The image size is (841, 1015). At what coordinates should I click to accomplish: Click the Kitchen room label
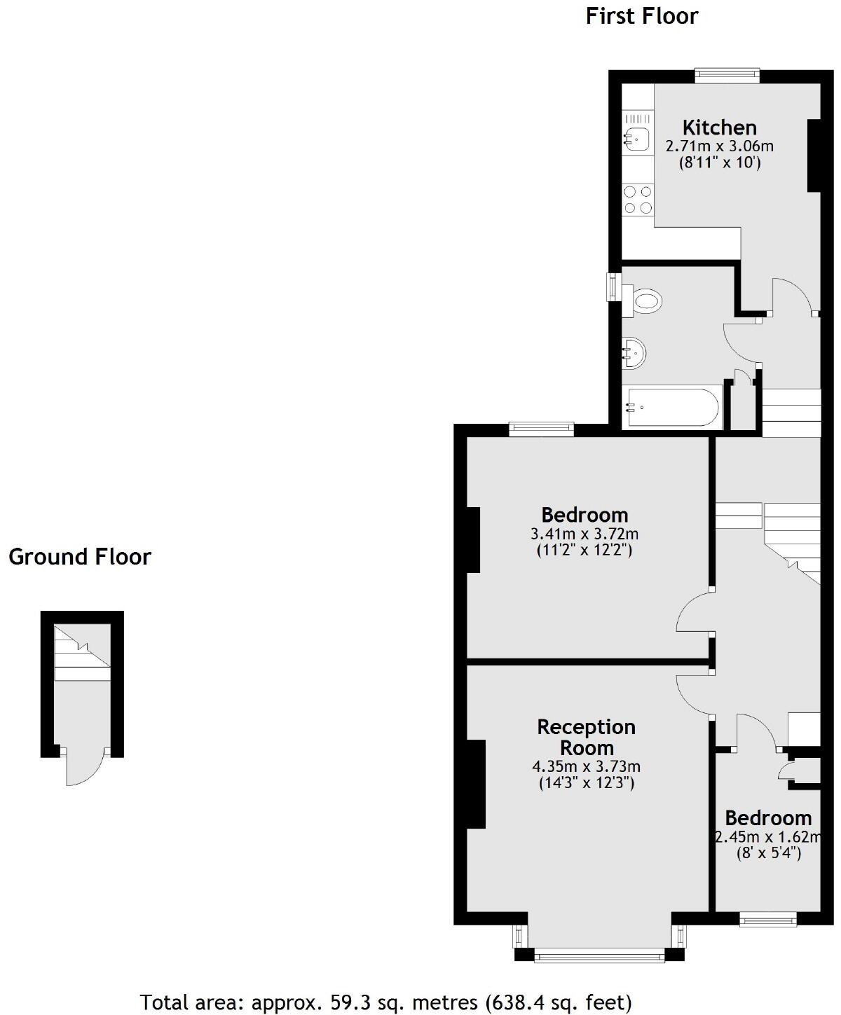point(719,127)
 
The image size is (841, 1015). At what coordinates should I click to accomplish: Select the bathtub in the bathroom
point(672,407)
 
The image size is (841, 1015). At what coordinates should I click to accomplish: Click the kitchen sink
point(637,138)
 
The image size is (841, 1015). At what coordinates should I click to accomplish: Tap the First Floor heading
point(641,16)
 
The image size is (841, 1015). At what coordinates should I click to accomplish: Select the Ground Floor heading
point(80,557)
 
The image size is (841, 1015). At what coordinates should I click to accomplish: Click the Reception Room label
point(586,737)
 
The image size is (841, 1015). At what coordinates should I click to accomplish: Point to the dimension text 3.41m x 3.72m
point(584,534)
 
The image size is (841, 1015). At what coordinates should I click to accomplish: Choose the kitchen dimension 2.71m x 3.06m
point(719,146)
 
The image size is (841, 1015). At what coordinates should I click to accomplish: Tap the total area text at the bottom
point(385,1002)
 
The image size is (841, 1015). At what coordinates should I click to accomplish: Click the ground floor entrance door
point(85,768)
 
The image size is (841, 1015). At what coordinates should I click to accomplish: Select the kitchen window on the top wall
point(727,76)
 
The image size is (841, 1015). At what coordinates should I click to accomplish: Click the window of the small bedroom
point(768,918)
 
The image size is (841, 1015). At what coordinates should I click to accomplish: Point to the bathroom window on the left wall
point(614,286)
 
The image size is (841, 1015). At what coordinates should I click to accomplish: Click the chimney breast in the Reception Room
point(476,784)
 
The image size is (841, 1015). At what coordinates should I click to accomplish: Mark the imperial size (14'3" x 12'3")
point(586,782)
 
